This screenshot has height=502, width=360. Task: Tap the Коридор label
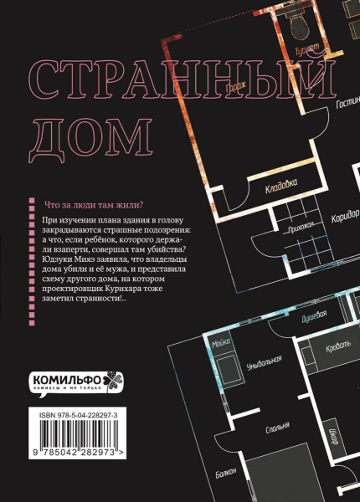(x=345, y=216)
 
